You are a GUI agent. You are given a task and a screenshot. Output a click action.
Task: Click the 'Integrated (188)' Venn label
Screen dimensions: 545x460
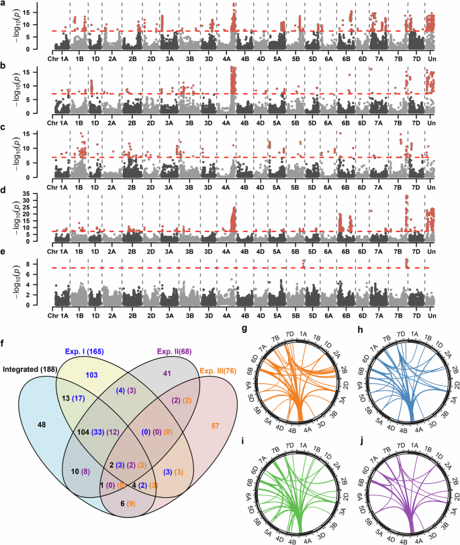[34, 368]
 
